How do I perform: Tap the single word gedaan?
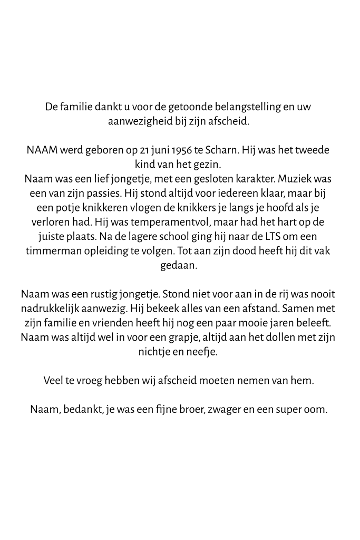[179, 265]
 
